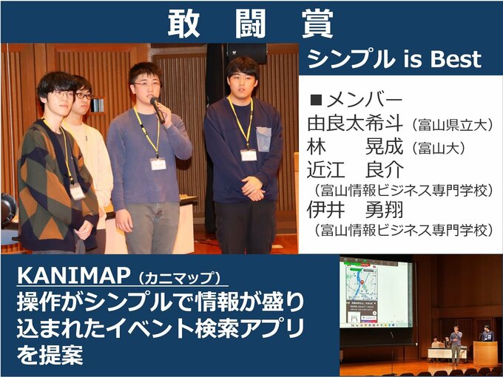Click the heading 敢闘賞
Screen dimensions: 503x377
pyautogui.click(x=251, y=23)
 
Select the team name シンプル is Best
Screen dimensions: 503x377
pyautogui.click(x=394, y=59)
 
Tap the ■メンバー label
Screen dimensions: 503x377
pyautogui.click(x=356, y=101)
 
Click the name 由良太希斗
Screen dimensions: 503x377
pyautogui.click(x=355, y=124)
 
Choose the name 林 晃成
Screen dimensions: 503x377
pyautogui.click(x=355, y=147)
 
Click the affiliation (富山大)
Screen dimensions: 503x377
pyautogui.click(x=439, y=149)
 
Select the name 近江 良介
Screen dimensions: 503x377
pyautogui.click(x=355, y=170)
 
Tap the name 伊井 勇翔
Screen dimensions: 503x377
pyautogui.click(x=355, y=210)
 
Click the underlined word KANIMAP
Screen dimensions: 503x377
pyautogui.click(x=73, y=276)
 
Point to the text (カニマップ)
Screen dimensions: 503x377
pyautogui.click(x=179, y=278)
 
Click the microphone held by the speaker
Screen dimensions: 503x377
pyautogui.click(x=157, y=109)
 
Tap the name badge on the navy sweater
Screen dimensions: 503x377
pyautogui.click(x=249, y=155)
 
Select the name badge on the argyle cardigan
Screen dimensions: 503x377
pyautogui.click(x=78, y=191)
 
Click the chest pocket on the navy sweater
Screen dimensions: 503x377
pyautogui.click(x=263, y=139)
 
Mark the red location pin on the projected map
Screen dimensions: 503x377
pyautogui.click(x=362, y=283)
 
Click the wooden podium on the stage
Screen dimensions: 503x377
pyautogui.click(x=485, y=353)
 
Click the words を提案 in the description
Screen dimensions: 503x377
pyautogui.click(x=50, y=355)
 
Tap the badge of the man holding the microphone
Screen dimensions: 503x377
pyautogui.click(x=158, y=164)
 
